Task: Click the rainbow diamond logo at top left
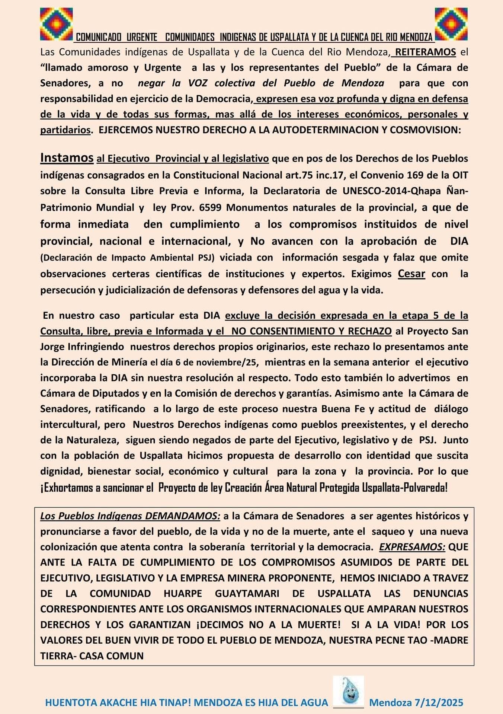56,24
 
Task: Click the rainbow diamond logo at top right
451,24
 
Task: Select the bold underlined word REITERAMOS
425,52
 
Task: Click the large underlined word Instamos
67,158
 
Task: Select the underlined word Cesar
411,274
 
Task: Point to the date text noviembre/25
233,362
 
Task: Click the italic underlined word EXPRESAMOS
412,547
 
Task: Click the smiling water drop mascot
348,691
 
